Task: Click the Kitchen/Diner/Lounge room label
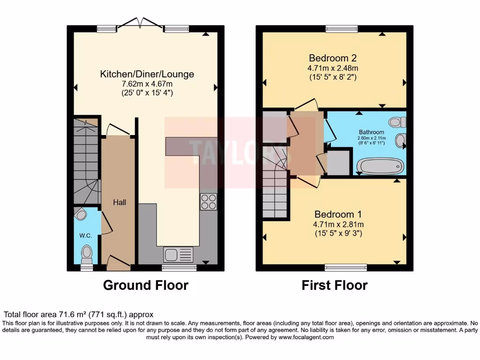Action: pos(147,74)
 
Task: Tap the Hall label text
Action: pos(119,202)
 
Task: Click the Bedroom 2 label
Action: pos(333,58)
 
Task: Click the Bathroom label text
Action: pos(371,132)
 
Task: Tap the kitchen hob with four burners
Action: pos(209,202)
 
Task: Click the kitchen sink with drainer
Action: pos(178,255)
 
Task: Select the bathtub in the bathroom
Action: pos(380,166)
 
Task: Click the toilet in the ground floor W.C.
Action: pos(86,254)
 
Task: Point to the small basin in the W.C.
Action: pos(82,215)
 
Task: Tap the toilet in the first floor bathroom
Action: pos(397,122)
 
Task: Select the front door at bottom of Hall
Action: pos(119,262)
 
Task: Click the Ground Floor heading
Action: pos(145,285)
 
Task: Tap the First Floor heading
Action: pos(334,285)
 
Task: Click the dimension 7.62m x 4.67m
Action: pos(147,84)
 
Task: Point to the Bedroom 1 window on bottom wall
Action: pos(346,268)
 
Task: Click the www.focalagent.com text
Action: pos(306,337)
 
